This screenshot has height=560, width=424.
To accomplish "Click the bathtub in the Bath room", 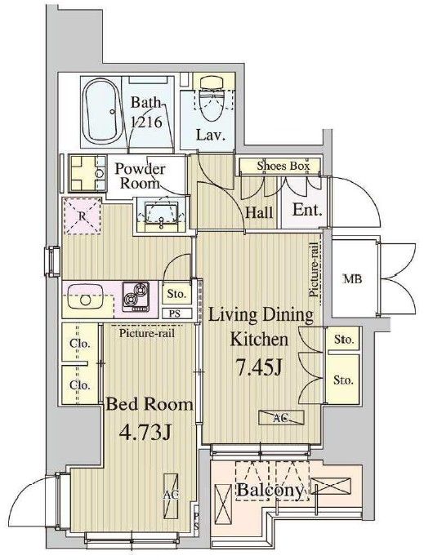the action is [x=100, y=111].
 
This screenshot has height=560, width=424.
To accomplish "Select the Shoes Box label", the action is [x=283, y=166].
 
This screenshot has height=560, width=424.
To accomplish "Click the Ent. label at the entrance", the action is [x=307, y=210].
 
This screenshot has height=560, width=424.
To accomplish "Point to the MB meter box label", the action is [x=352, y=278].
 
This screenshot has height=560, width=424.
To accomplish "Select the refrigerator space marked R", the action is [x=83, y=216].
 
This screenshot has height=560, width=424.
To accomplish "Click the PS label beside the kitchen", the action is [x=175, y=314].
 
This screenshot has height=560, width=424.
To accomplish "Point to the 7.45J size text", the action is [x=259, y=367].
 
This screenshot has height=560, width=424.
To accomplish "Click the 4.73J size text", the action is [x=145, y=433].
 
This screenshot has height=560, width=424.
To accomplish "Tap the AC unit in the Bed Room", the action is [x=171, y=496].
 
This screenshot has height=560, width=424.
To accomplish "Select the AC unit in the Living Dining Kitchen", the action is [x=281, y=417].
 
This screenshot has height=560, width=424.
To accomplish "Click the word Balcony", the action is [x=270, y=491].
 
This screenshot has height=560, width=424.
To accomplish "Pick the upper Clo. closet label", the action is [x=79, y=344].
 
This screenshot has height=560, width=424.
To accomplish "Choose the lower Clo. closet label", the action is [x=79, y=385].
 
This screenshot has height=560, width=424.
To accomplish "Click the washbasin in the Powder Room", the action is [x=162, y=214].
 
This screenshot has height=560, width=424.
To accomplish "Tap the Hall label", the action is [x=259, y=213].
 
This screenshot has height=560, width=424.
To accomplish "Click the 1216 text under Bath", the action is [x=147, y=122].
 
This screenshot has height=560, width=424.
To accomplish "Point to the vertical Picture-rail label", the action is [x=314, y=270].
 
